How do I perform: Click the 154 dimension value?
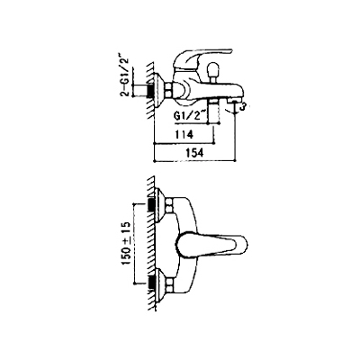[x=193, y=152]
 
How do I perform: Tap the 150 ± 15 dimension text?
[x=126, y=244]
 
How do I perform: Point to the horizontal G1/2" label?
[x=190, y=116]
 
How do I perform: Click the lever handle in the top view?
[x=211, y=244]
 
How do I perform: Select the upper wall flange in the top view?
[x=160, y=206]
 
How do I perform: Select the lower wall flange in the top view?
[x=160, y=283]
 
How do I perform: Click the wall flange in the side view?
[x=160, y=89]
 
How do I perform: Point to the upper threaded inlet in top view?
[x=150, y=206]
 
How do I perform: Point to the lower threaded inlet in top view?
[x=150, y=283]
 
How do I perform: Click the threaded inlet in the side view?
[x=150, y=90]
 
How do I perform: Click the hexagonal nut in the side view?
[x=170, y=90]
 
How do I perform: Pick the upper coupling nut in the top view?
[x=170, y=206]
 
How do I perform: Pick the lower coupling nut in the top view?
[x=170, y=283]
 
